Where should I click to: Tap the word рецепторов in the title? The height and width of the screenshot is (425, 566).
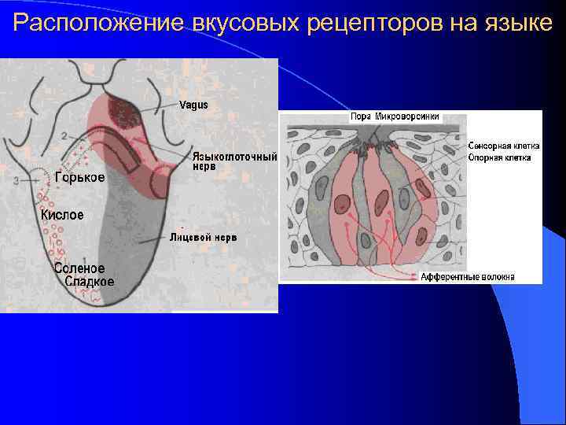coord(372,24)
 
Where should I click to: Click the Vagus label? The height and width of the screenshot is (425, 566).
coord(194,105)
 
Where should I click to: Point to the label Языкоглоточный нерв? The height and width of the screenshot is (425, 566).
coord(234,161)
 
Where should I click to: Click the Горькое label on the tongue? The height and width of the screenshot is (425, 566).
coord(79,178)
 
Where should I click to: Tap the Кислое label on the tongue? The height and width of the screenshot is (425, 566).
coord(62,214)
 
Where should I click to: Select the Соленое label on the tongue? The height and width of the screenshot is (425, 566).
coord(79,268)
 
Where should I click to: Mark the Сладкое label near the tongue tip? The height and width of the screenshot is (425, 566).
coord(89,281)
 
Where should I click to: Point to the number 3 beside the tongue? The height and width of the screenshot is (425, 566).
coord(17,181)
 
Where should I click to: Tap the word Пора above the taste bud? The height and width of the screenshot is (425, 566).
coord(361,116)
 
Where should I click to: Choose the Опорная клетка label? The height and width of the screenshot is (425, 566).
coord(499,157)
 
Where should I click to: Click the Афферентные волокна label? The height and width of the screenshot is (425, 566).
coord(468,277)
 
